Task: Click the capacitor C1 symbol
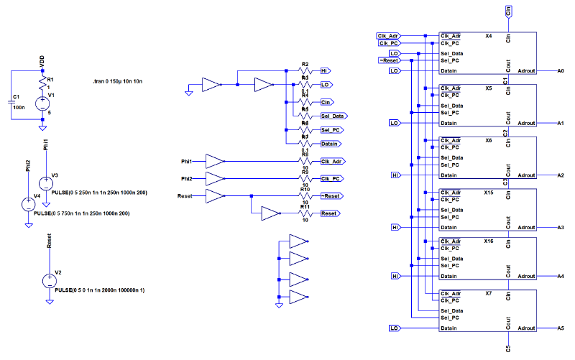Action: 12,101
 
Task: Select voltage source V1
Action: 42,103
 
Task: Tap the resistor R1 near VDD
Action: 42,83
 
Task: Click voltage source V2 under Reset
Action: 49,281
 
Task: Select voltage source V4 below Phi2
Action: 28,203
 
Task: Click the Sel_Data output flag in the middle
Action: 334,116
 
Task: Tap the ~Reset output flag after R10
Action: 330,195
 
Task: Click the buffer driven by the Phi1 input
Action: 215,161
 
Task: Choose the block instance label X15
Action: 489,193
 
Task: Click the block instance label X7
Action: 489,294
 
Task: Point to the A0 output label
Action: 561,71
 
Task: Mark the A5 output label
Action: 561,328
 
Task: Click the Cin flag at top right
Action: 509,11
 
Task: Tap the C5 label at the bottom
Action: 509,349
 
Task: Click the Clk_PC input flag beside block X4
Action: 388,43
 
